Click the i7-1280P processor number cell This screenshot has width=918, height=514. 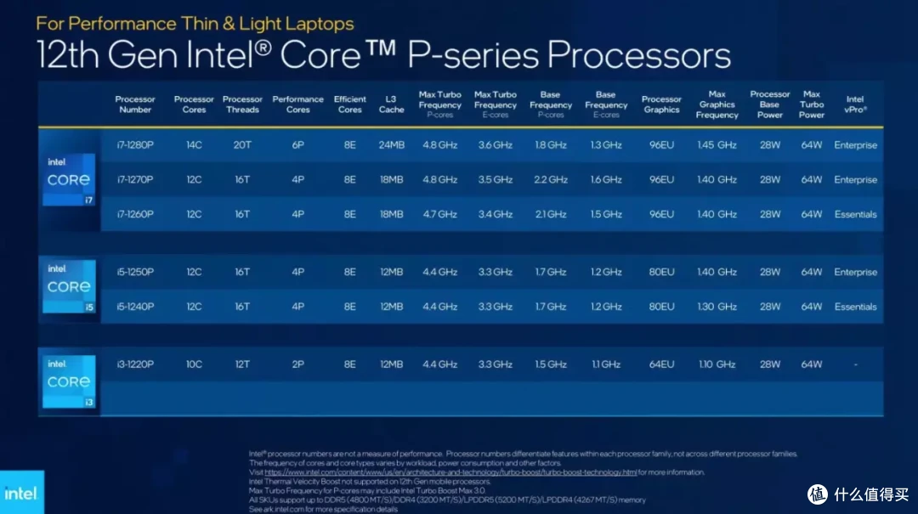[135, 145]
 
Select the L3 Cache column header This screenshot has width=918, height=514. [391, 104]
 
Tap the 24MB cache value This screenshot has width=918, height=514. [391, 145]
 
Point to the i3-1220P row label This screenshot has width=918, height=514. [135, 364]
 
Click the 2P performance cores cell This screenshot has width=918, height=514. [297, 364]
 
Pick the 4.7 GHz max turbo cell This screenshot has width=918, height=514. [439, 214]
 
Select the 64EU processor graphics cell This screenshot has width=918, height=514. [661, 364]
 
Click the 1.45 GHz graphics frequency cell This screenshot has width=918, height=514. [717, 145]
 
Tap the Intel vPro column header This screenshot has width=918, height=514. [855, 104]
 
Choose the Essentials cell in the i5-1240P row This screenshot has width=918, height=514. [855, 307]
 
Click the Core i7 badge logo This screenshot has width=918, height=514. [69, 179]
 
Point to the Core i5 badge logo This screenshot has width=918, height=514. [69, 286]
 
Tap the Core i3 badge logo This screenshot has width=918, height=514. [69, 381]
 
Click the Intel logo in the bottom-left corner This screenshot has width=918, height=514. [20, 493]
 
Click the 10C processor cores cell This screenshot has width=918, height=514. [194, 364]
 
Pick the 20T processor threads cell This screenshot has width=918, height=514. [242, 145]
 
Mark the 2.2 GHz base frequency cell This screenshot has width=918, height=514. [551, 180]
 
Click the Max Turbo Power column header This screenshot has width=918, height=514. [812, 104]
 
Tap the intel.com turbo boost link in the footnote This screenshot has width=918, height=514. [450, 472]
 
